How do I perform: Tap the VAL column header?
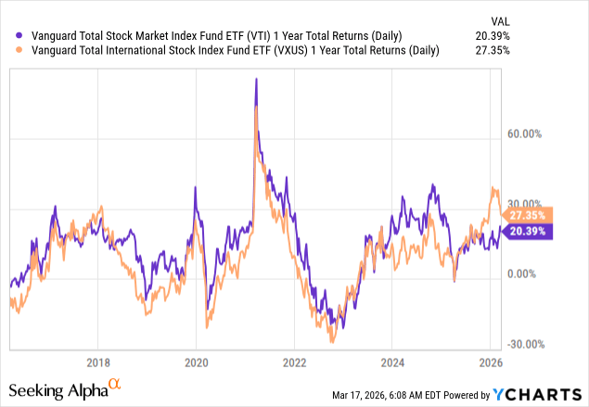[x=553, y=19]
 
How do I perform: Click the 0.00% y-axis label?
[x=524, y=274]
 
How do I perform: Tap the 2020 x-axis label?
[x=196, y=362]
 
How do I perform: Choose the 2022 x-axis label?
[x=295, y=362]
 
